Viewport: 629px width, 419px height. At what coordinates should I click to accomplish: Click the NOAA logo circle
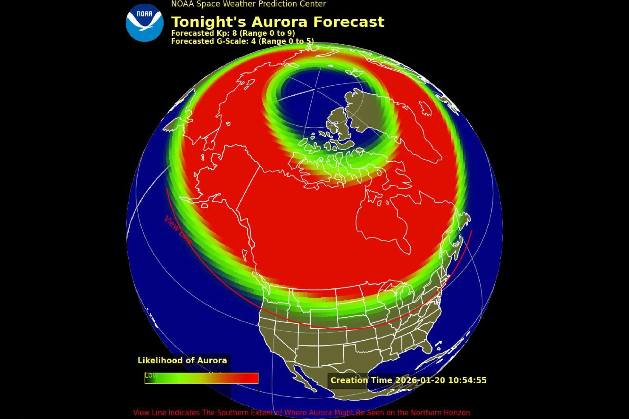(144, 23)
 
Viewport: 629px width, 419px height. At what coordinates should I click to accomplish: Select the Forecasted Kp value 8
(234, 33)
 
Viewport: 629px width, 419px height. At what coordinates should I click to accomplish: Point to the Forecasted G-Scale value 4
(253, 41)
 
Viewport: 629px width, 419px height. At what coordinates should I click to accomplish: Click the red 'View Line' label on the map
(178, 230)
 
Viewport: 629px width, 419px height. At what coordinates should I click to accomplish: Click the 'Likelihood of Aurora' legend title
(182, 361)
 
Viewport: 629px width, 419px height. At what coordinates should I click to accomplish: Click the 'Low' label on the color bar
(151, 375)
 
